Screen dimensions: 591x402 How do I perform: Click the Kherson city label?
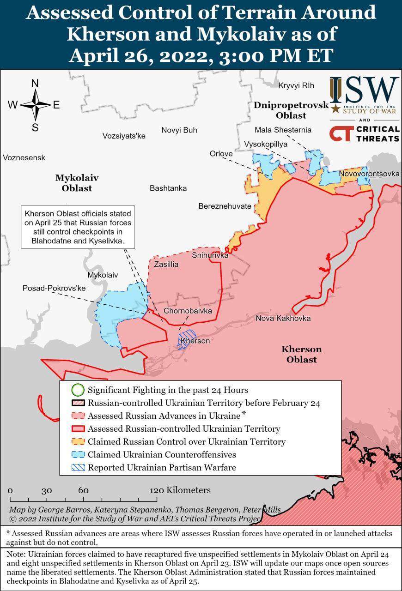(x=195, y=341)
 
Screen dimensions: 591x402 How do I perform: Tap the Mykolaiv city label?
(x=103, y=275)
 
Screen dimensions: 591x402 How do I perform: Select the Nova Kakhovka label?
(x=283, y=319)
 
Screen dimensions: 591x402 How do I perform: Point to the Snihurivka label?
(x=210, y=255)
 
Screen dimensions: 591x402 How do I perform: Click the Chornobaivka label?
(x=188, y=311)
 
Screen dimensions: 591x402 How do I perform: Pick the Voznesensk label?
(x=24, y=158)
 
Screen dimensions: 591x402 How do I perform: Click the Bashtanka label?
(x=168, y=188)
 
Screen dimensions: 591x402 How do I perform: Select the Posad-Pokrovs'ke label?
(x=55, y=288)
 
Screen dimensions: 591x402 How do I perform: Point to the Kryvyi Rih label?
(x=296, y=85)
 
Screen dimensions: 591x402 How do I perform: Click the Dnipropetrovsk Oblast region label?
(x=291, y=110)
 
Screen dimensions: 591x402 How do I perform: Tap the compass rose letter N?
(x=35, y=84)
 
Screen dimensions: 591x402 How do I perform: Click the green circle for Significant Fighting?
(x=78, y=390)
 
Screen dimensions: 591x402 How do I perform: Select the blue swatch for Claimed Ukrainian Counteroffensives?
(x=78, y=455)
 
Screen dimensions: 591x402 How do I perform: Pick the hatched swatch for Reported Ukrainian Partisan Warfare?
(x=78, y=468)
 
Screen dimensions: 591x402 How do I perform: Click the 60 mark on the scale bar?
(x=83, y=491)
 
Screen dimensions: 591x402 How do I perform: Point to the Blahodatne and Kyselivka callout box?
(x=78, y=227)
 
